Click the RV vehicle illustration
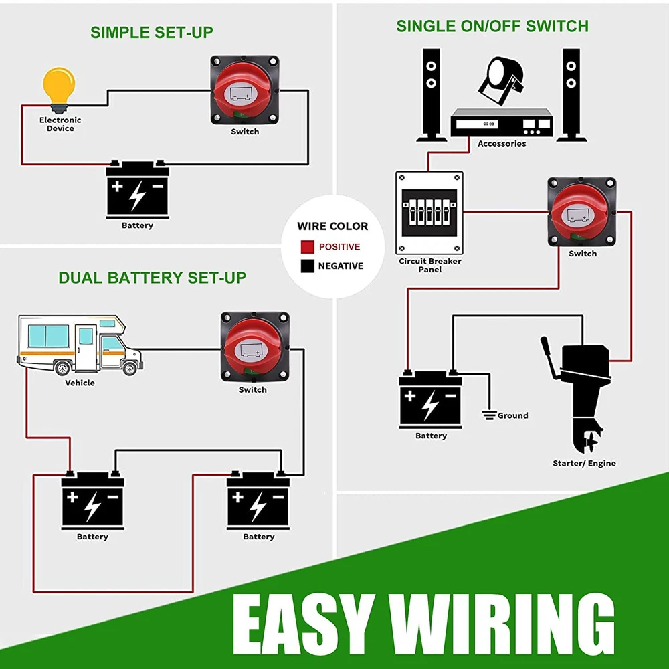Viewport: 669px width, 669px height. [79, 347]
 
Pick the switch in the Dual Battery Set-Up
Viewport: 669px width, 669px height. [254, 348]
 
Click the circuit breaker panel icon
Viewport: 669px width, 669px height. [429, 213]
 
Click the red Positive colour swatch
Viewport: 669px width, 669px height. [307, 247]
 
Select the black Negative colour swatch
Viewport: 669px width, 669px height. [307, 266]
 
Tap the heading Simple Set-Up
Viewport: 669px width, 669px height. [152, 31]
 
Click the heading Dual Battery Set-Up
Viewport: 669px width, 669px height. [152, 277]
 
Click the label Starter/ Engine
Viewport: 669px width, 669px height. [584, 463]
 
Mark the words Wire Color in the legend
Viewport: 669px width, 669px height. [332, 226]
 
